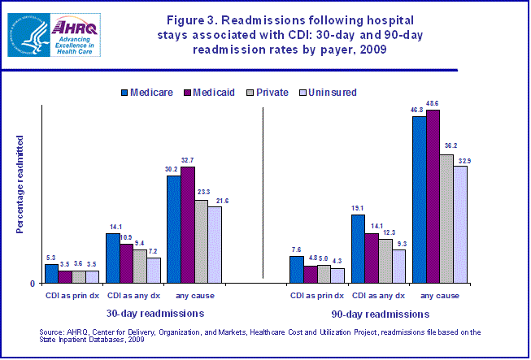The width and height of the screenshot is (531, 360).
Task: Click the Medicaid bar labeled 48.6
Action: [433, 196]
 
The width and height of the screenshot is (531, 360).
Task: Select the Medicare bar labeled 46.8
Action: [420, 199]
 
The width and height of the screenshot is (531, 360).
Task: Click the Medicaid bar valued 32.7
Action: [188, 224]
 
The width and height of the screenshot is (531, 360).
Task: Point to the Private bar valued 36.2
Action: [446, 218]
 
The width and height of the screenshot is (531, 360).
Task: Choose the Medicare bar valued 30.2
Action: [174, 228]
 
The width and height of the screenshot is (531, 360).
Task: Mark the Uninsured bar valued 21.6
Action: [215, 244]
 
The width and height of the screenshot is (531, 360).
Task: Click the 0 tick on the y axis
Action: [33, 284]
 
